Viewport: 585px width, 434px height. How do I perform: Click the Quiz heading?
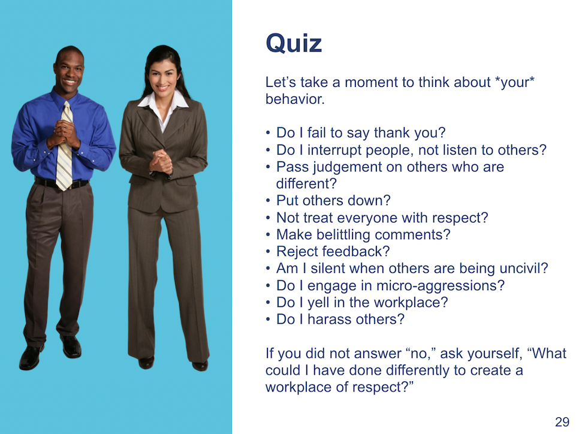[x=294, y=44]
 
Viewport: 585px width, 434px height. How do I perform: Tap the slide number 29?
[x=562, y=421]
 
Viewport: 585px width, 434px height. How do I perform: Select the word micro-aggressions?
[x=440, y=286]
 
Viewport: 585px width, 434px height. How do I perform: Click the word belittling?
[x=343, y=235]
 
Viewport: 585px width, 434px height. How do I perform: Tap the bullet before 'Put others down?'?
[x=268, y=201]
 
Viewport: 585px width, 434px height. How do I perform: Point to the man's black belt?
[x=62, y=183]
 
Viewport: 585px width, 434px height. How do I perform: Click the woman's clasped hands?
[x=161, y=161]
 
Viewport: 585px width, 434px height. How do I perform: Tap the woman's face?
[x=162, y=76]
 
